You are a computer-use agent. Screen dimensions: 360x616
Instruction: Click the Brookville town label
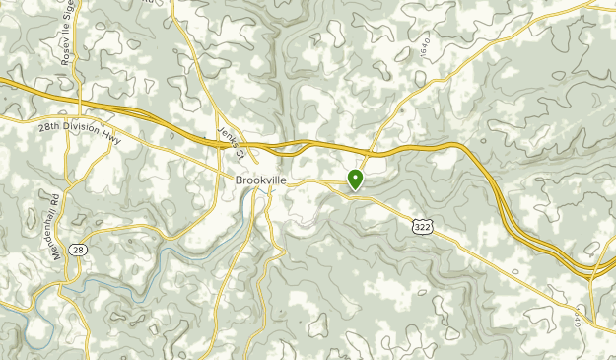(x=261, y=181)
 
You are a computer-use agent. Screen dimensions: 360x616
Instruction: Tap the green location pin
(x=355, y=180)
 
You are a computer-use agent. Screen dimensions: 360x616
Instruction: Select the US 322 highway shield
(x=421, y=227)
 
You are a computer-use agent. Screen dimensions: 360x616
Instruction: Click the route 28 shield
(x=79, y=251)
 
